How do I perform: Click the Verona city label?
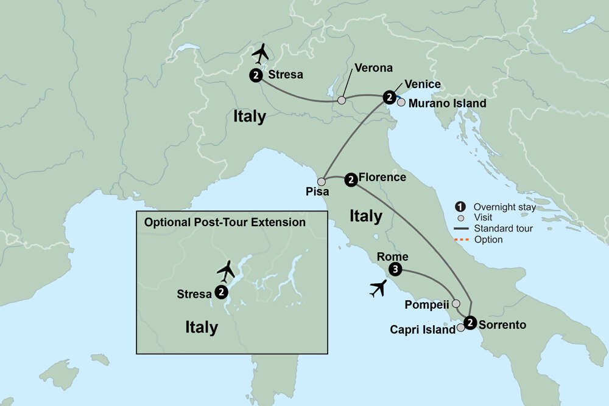373,68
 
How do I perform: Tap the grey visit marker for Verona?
342,100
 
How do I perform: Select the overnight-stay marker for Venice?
389,97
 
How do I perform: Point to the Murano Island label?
447,103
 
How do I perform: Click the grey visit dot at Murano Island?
401,102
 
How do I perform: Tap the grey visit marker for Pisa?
322,181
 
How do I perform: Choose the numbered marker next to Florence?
351,179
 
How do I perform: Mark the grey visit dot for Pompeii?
456,303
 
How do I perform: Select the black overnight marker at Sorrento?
470,323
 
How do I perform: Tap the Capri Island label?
423,329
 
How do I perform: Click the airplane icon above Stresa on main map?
261,53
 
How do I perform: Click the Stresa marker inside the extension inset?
222,292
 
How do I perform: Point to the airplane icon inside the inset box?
226,270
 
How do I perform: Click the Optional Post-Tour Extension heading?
225,222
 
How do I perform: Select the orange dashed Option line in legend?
462,239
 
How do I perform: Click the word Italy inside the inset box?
202,328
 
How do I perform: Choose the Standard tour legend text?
503,229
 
